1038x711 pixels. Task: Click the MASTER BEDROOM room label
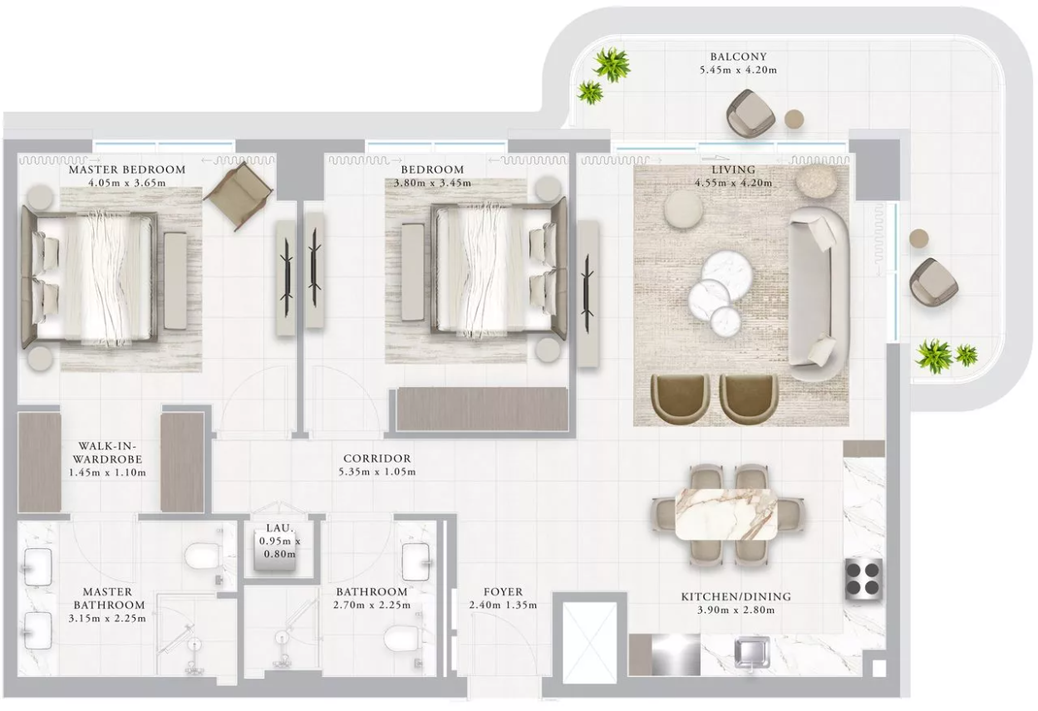pos(127,169)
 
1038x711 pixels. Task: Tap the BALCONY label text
pos(738,56)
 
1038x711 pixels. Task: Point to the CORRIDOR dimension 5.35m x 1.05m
pos(376,472)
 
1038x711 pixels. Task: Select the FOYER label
pos(503,592)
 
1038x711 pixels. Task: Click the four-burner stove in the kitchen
pos(864,579)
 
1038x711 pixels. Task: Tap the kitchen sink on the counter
pos(751,653)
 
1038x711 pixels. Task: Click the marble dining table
pos(726,514)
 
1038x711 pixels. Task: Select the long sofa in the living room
pos(819,294)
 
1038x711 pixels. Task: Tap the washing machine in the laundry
pos(275,550)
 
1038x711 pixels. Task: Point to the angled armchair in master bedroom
pos(237,196)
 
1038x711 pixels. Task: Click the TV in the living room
pos(588,294)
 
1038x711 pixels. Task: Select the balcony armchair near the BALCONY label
pos(750,114)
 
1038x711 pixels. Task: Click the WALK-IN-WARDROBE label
pos(107,453)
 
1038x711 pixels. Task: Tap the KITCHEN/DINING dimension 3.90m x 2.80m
pos(735,610)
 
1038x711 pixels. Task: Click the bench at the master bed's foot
pos(175,281)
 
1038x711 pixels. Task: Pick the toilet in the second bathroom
pos(402,640)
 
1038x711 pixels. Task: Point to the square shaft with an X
pos(589,642)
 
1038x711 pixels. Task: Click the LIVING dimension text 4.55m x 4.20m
pos(733,183)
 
